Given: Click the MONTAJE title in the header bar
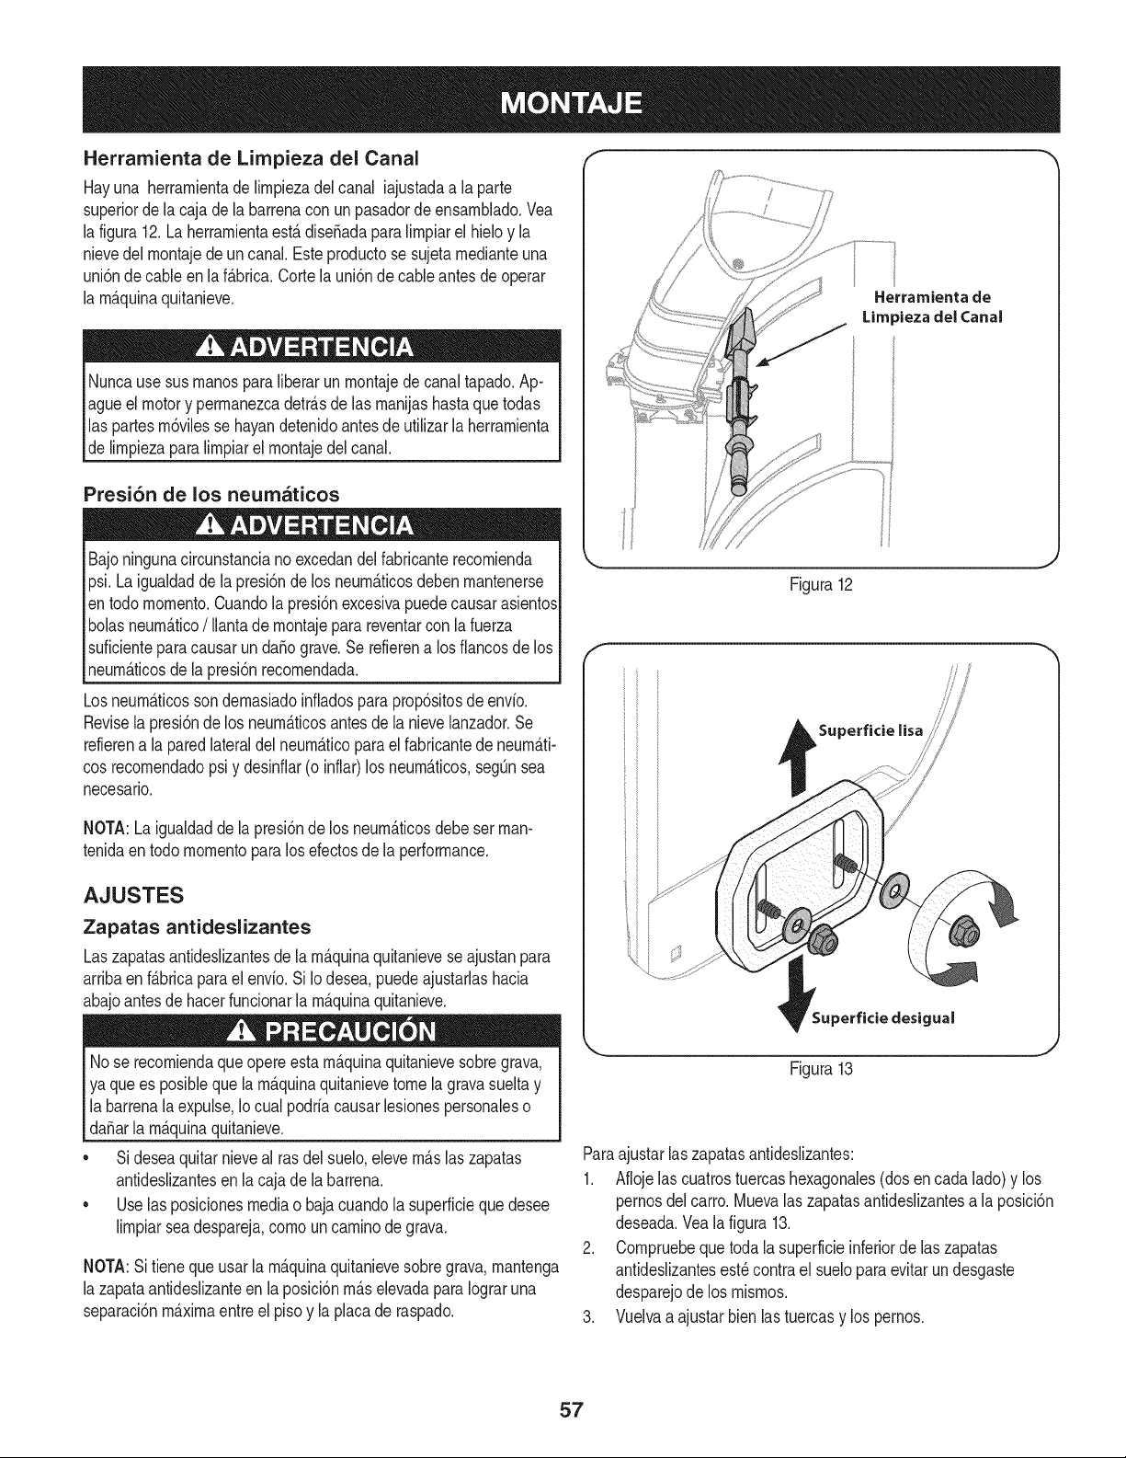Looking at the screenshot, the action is (x=572, y=103).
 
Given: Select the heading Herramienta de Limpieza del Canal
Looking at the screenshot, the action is (x=251, y=159).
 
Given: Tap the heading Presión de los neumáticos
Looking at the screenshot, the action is (x=211, y=495).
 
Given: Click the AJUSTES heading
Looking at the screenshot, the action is (x=133, y=895).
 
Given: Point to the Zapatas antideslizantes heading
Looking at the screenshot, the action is (x=197, y=927).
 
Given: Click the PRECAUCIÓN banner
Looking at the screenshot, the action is (x=321, y=1030).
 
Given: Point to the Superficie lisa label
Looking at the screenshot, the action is (x=870, y=730).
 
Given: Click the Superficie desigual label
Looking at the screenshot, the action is (x=882, y=1018).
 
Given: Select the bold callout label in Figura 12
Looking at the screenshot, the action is (x=932, y=306).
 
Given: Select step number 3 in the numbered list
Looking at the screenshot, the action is (x=587, y=1317).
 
